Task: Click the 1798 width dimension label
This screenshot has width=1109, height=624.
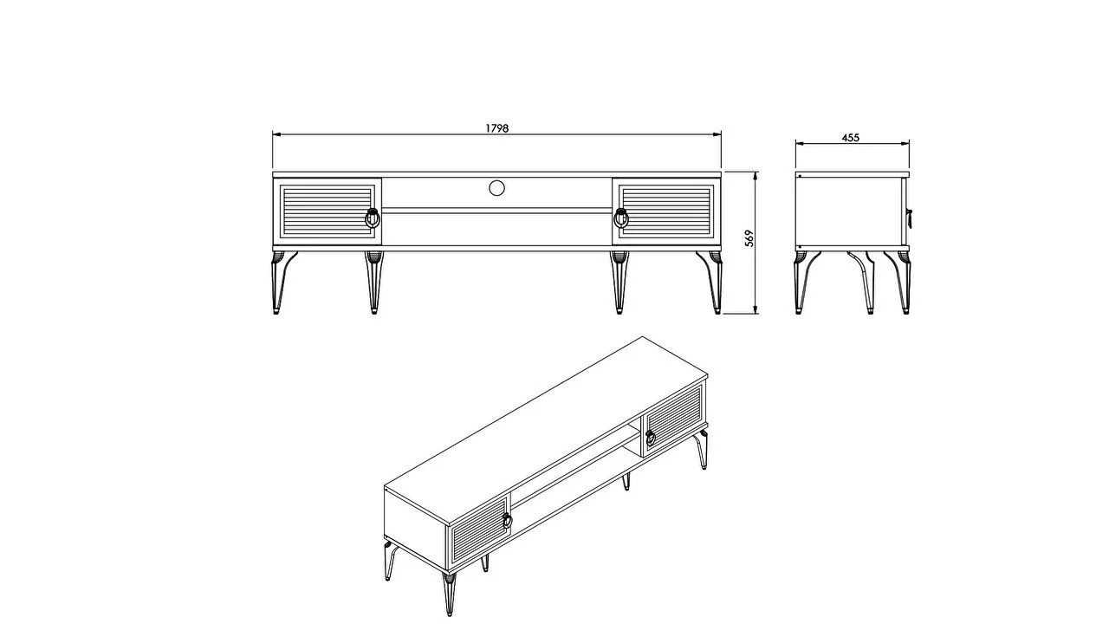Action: [496, 128]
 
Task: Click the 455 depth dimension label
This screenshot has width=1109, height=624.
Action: [851, 138]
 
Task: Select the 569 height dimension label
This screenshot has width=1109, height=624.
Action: [749, 238]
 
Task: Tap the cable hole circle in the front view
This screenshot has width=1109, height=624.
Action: [496, 188]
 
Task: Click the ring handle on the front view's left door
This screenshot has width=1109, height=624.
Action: [373, 218]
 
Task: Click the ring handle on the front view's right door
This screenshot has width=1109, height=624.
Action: [621, 218]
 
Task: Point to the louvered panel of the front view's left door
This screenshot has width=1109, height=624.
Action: [327, 211]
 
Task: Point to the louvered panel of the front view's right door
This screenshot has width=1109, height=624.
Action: [667, 211]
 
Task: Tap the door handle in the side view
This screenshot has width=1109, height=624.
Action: [909, 218]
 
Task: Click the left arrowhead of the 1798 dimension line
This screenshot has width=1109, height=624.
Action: [276, 134]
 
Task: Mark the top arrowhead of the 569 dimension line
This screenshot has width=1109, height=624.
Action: [756, 176]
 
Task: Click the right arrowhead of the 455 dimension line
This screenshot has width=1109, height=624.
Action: [905, 144]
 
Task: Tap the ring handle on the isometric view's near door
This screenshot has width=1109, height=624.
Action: [507, 520]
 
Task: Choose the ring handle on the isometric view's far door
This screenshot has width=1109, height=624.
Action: [651, 438]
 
